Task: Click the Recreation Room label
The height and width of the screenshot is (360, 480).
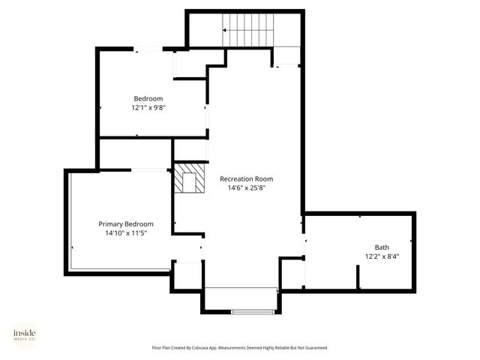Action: pos(246,179)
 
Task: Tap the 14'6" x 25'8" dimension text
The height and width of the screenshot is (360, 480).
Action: pos(246,188)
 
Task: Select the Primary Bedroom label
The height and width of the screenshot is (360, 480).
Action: pos(126,224)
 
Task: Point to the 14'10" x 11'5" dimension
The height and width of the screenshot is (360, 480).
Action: pos(126,233)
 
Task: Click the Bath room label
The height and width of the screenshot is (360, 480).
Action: pos(382,247)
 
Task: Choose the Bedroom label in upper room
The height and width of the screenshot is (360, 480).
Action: pos(148,99)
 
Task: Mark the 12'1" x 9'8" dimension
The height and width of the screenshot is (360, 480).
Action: pos(148,108)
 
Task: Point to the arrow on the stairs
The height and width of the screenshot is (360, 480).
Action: pos(225,30)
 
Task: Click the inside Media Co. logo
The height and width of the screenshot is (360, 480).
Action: pos(25,335)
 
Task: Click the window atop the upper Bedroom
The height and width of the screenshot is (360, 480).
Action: pos(148,49)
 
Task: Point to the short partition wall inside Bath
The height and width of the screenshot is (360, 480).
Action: pos(358,277)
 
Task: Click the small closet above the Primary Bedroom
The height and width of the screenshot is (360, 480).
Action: pos(135,154)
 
